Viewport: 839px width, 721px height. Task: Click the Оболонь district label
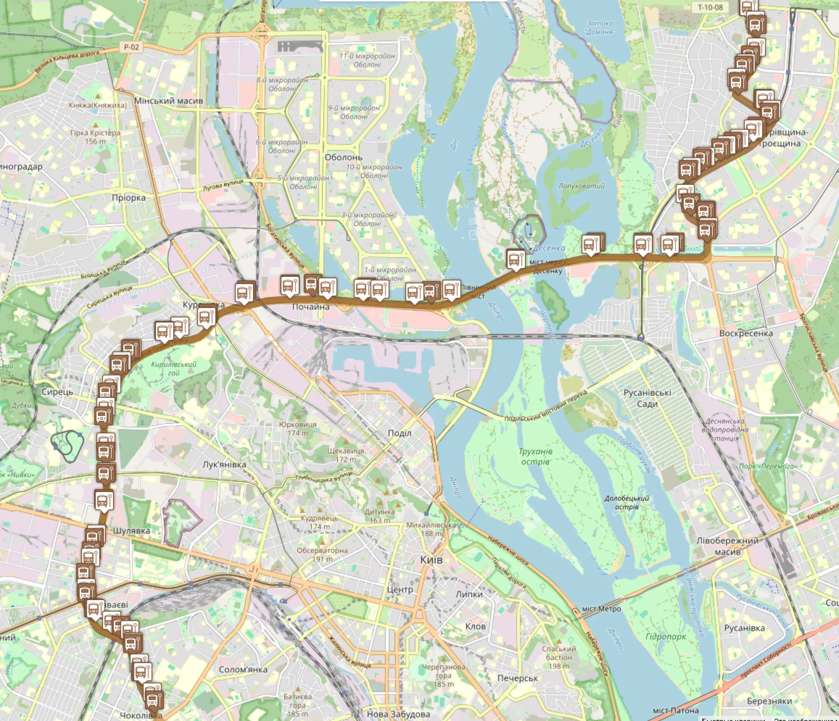point(343,157)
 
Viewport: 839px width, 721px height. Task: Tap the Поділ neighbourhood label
point(399,433)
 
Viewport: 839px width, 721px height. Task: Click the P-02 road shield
point(131,47)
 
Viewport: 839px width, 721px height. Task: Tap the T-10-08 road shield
point(710,7)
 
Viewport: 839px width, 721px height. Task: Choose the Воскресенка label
point(746,333)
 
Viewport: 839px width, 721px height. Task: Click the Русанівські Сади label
point(647,398)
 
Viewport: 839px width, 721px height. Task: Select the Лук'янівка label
point(224,464)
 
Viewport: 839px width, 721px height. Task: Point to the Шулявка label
point(131,530)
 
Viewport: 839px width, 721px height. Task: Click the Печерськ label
point(517,678)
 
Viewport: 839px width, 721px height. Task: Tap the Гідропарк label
point(666,637)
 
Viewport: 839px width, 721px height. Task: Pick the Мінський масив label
point(169,100)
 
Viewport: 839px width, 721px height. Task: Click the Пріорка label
point(129,198)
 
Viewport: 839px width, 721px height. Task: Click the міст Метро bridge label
point(601,609)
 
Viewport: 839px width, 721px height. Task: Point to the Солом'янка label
point(243,669)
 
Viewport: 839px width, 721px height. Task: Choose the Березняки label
point(769,701)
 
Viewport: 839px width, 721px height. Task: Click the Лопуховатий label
point(582,186)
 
